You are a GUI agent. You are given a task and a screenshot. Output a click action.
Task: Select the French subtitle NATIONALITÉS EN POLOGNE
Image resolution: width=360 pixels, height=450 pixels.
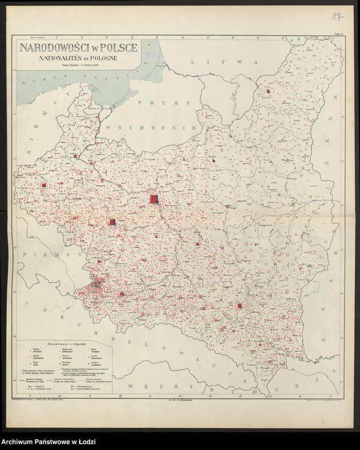pos(79,57)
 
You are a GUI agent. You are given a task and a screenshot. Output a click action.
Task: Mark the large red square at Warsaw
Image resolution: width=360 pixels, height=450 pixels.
pos(154,200)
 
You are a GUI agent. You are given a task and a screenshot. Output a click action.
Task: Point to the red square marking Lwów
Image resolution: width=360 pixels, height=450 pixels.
pos(239,306)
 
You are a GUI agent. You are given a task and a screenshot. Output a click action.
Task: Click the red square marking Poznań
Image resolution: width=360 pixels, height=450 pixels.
pos(44,186)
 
